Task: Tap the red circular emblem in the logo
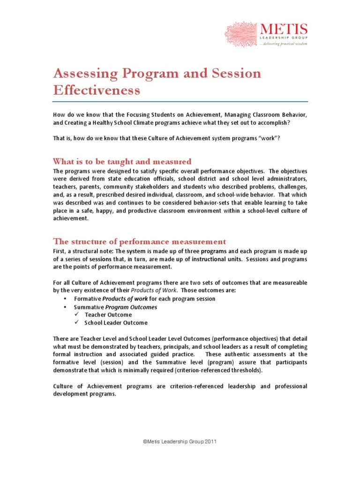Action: pyautogui.click(x=241, y=34)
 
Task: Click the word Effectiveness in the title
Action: pyautogui.click(x=97, y=90)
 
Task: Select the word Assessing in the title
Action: pyautogui.click(x=82, y=74)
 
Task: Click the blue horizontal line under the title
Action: pyautogui.click(x=180, y=101)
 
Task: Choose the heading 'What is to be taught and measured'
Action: pyautogui.click(x=122, y=161)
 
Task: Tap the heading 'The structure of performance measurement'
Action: pyautogui.click(x=140, y=241)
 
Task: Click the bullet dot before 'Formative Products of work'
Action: pyautogui.click(x=65, y=299)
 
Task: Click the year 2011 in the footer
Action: pyautogui.click(x=209, y=442)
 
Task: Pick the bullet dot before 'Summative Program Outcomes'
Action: pyautogui.click(x=65, y=307)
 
